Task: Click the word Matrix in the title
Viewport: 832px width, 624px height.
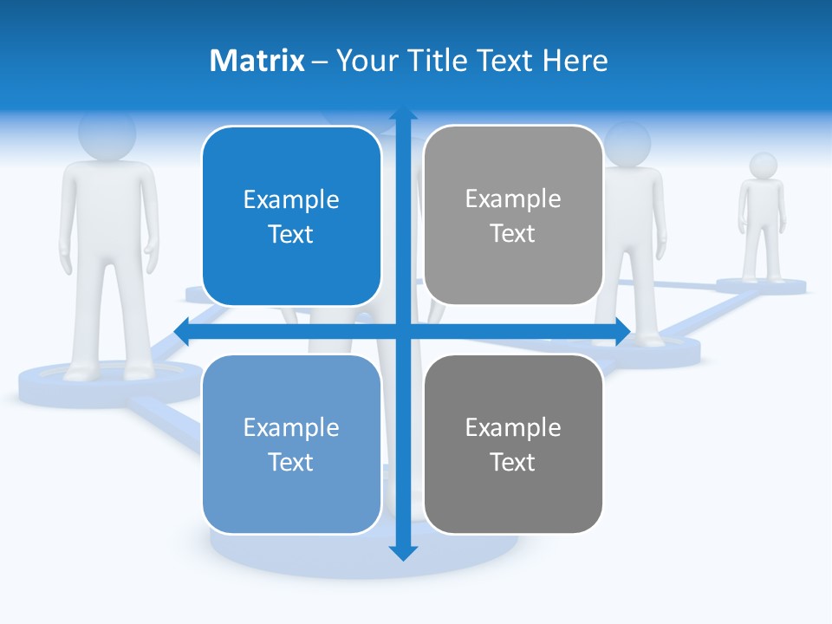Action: [257, 61]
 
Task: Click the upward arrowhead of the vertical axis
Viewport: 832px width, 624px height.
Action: [403, 114]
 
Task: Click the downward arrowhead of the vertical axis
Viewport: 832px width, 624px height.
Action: [403, 552]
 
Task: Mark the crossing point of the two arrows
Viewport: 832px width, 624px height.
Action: [403, 331]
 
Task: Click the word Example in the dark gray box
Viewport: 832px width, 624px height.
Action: [513, 427]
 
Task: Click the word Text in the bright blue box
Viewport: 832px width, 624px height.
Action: [291, 234]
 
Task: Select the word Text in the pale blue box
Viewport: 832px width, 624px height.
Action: [291, 462]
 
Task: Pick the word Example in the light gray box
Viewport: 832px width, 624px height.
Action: [513, 198]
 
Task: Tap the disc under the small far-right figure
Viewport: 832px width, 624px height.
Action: [762, 286]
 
